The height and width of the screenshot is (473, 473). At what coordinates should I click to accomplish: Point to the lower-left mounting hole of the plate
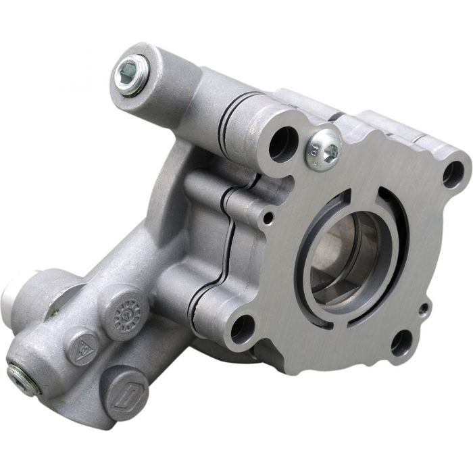[x=241, y=329]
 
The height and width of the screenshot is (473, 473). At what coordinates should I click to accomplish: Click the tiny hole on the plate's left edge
[x=269, y=218]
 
